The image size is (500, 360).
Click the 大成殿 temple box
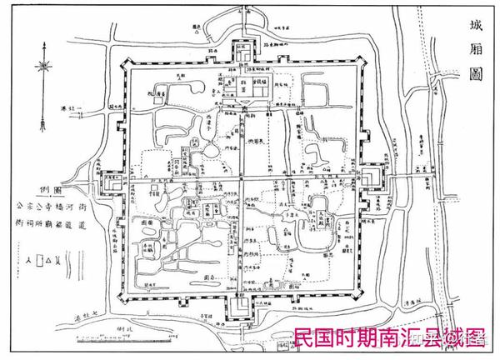[x=320, y=221]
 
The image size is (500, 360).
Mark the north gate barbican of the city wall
[x=244, y=51]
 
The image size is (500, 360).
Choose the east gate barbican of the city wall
[x=372, y=177]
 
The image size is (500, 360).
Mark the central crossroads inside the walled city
[x=243, y=177]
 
